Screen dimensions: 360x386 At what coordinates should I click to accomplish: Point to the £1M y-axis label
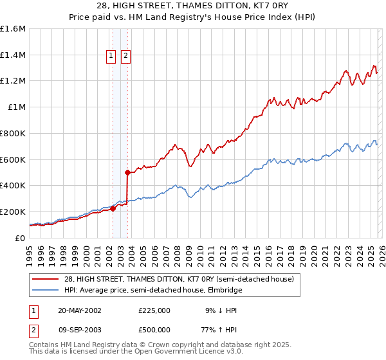click(x=16, y=107)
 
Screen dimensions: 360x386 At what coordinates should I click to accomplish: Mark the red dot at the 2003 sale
click(x=127, y=172)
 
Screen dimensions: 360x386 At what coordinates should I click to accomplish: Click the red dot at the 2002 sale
click(x=113, y=208)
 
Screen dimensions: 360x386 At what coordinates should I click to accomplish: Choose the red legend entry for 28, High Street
click(x=179, y=279)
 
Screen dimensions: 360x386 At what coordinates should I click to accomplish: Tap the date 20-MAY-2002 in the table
click(x=79, y=310)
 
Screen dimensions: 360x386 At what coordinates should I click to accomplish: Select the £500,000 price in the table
click(x=154, y=329)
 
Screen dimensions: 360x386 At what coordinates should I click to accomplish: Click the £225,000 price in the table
click(x=154, y=310)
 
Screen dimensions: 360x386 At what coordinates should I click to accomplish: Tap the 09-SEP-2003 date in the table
click(x=79, y=329)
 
